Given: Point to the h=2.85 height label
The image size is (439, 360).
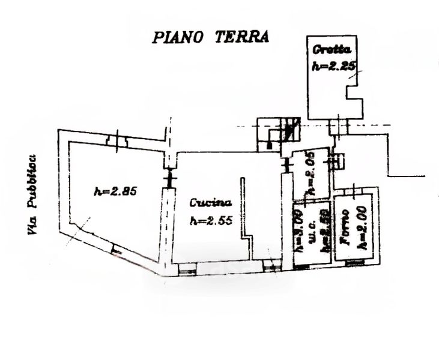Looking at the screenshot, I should point(117,192).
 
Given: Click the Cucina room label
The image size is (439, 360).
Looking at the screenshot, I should point(208,202).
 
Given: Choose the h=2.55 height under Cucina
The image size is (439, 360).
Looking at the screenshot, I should point(210,220).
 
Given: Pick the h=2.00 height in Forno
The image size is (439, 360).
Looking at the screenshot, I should point(362,232).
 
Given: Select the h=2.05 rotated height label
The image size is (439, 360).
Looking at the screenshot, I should point(310,175).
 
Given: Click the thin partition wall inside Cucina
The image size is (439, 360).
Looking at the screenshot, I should point(243,207).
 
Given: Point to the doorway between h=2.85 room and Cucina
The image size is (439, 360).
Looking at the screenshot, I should point(169,178).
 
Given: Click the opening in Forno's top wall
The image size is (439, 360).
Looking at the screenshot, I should point(356,191).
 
